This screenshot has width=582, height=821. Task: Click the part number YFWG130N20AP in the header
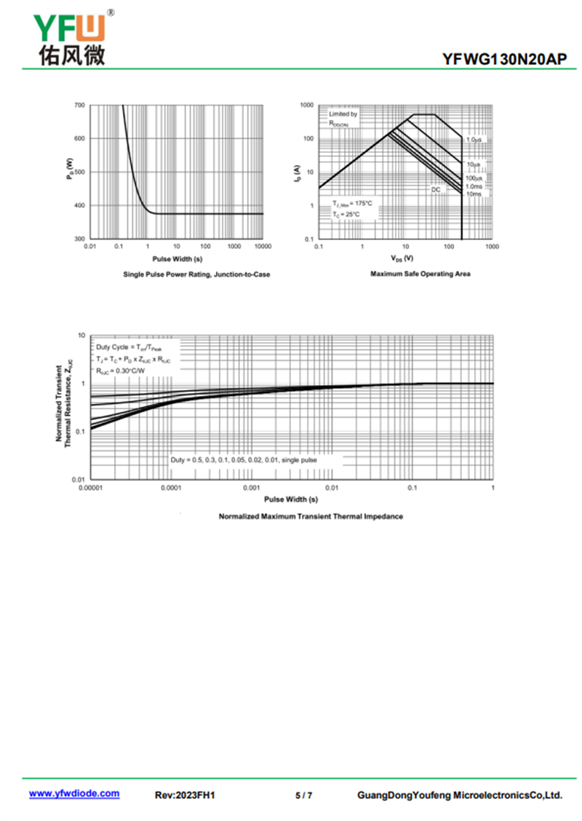[x=503, y=60]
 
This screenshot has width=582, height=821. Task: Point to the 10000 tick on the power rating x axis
[x=263, y=247]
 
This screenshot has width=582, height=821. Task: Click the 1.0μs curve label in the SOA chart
[x=474, y=139]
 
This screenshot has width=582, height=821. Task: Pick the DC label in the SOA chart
[x=436, y=189]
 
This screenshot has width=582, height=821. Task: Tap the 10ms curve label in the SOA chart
[x=474, y=194]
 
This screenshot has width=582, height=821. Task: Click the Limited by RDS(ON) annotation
[x=343, y=119]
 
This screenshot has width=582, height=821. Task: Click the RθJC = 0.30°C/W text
[x=120, y=371]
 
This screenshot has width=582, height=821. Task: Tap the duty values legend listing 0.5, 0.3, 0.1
[x=244, y=460]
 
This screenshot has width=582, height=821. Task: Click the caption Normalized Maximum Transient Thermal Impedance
[x=311, y=516]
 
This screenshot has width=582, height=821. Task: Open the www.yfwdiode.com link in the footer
[x=74, y=794]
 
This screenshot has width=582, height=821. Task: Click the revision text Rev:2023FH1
[x=186, y=795]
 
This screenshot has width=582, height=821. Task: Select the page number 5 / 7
[x=304, y=795]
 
